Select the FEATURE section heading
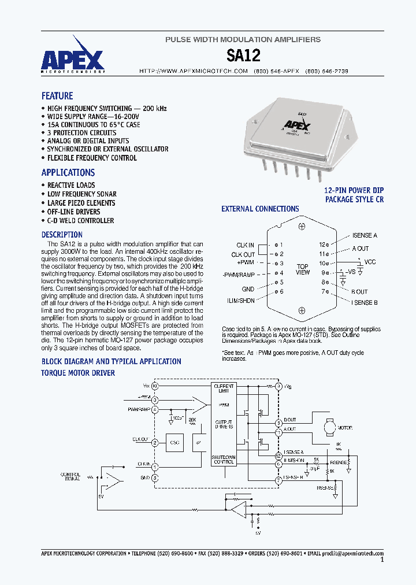[x=57, y=96]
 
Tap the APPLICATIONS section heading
[x=68, y=172]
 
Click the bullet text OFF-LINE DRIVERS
[x=73, y=212]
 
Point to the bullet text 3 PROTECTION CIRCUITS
[x=81, y=132]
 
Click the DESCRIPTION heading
[x=62, y=235]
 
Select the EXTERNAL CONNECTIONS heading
[x=260, y=209]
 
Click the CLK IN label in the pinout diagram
[x=245, y=245]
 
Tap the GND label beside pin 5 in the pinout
[x=248, y=289]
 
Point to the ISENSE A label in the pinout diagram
[x=365, y=235]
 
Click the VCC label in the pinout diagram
[x=370, y=262]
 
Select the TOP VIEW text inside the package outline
[x=302, y=269]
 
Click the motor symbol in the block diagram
[x=328, y=427]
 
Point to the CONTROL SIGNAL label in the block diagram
[x=70, y=477]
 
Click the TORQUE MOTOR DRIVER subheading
[x=78, y=373]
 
